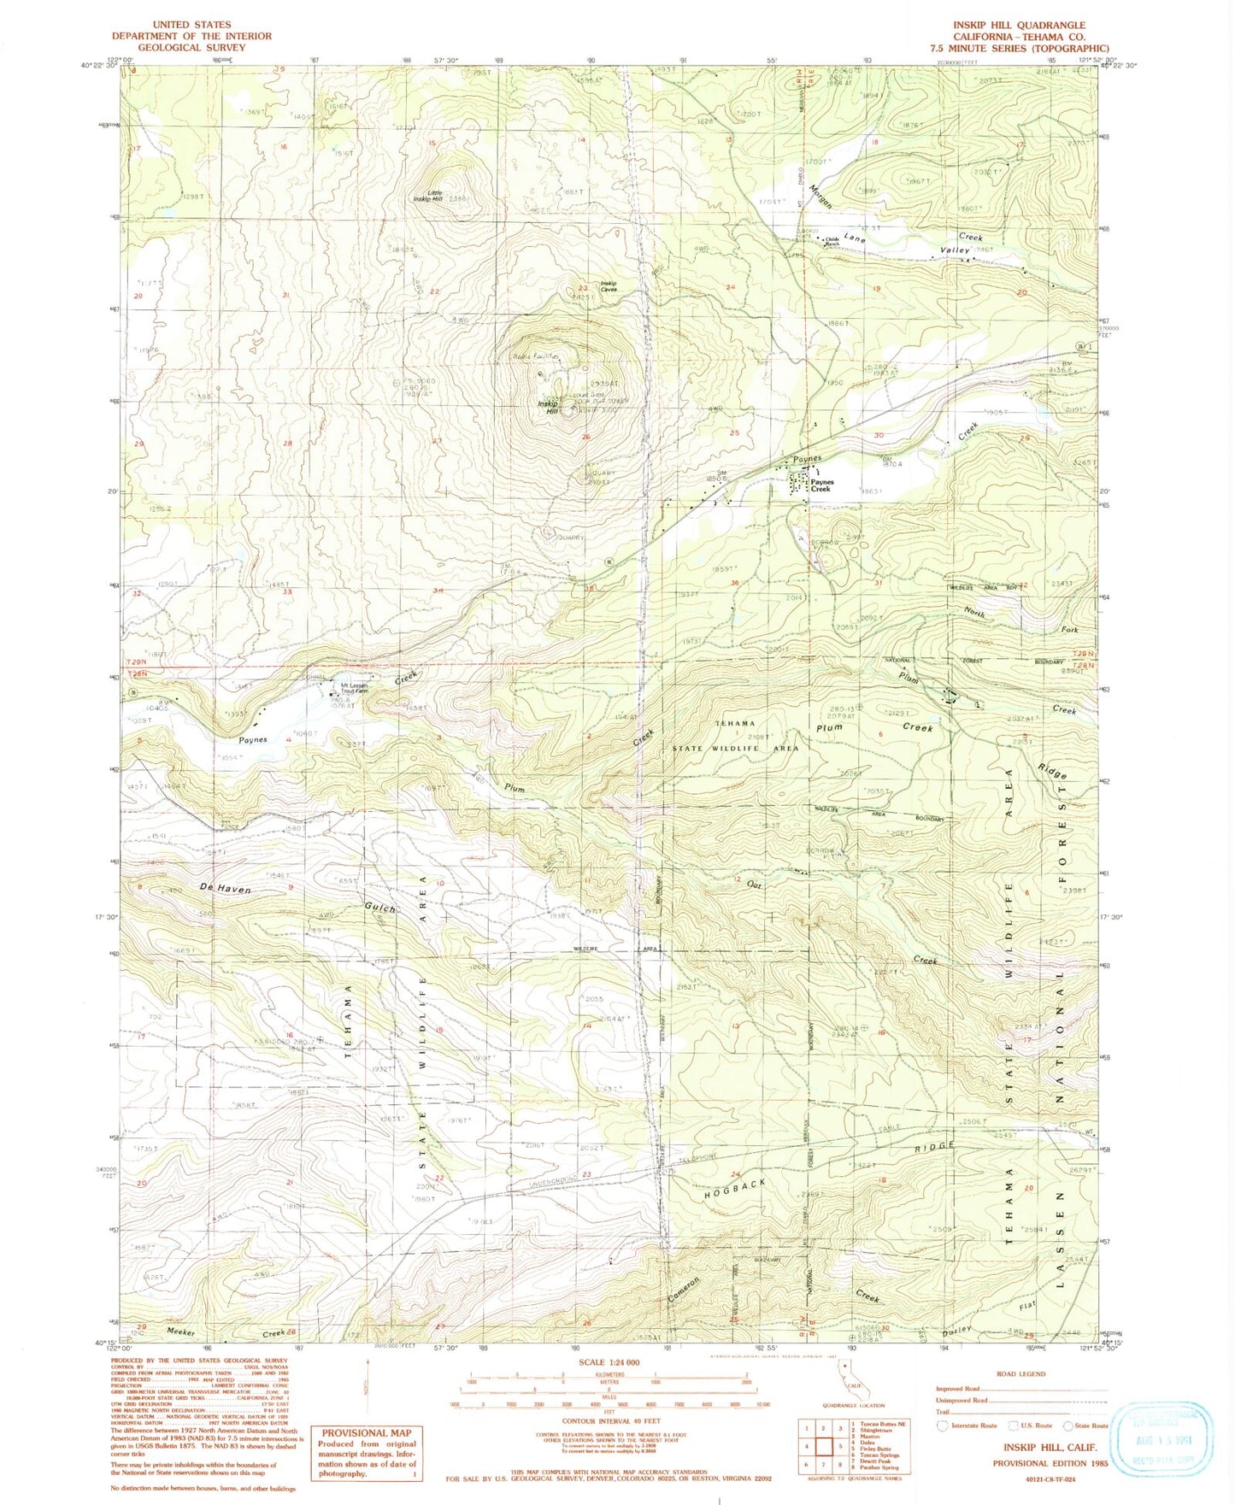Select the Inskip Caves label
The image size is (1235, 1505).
609,286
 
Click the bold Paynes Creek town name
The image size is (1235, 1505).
820,485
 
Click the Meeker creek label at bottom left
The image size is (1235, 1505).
182,1332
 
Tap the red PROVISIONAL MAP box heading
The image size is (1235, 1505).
366,1432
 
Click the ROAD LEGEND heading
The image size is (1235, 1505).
1020,1374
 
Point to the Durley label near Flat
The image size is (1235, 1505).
958,1332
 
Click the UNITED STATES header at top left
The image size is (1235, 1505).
191,25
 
